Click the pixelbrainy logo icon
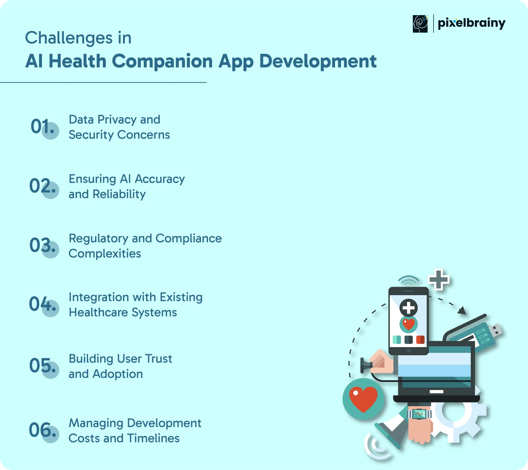(420, 24)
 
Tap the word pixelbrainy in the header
(472, 24)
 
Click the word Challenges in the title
(69, 38)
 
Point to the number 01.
(43, 127)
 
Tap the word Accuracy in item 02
(160, 179)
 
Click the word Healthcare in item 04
(98, 312)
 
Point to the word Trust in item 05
(159, 359)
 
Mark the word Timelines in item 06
(153, 438)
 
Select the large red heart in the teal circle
(363, 399)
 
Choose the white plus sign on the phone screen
(408, 307)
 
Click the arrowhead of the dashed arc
(462, 310)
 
